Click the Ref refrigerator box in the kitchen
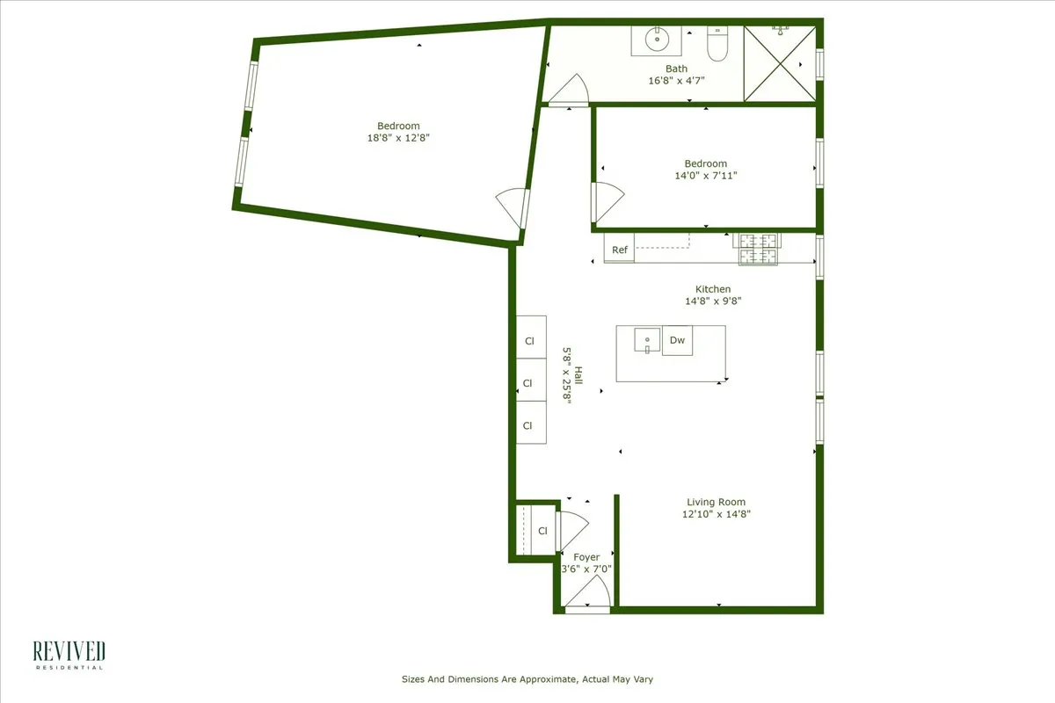[619, 250]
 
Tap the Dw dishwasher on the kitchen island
[677, 340]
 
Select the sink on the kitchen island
[646, 339]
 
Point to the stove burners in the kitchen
[758, 249]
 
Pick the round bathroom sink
[654, 40]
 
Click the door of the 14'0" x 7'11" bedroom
[607, 201]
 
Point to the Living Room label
[716, 502]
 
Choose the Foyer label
[586, 557]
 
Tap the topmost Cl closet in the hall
[530, 340]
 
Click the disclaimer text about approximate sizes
[527, 679]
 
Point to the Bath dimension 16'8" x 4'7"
[676, 80]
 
